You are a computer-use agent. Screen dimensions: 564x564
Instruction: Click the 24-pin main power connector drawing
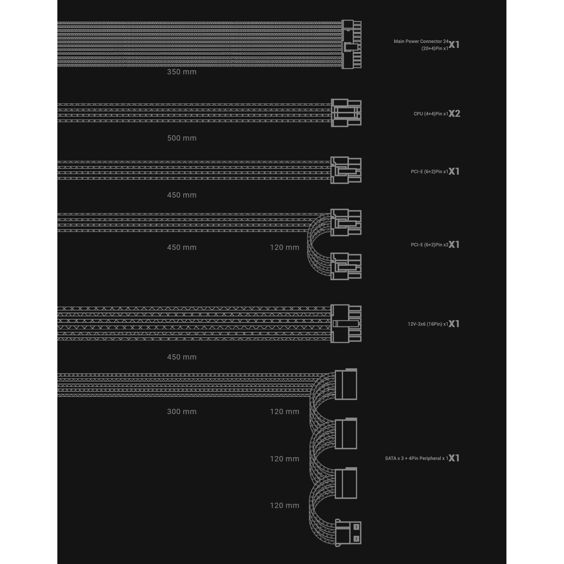tap(351, 44)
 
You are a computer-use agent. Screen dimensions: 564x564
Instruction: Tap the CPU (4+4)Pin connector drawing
tap(346, 113)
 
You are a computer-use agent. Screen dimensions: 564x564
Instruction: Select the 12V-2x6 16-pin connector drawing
tap(346, 324)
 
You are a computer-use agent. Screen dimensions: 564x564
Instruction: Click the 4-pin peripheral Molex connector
tap(348, 533)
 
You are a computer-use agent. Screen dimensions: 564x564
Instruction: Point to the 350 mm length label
tap(181, 72)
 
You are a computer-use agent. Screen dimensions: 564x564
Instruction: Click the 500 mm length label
tap(181, 138)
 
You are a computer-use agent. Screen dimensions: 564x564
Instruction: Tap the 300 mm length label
tap(181, 412)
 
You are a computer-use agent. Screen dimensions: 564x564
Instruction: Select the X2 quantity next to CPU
tap(454, 113)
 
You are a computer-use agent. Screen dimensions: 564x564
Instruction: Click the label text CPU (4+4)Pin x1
tap(431, 114)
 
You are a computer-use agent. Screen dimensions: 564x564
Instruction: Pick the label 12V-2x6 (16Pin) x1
tap(428, 324)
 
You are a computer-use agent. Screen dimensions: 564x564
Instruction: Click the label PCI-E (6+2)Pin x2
tap(429, 245)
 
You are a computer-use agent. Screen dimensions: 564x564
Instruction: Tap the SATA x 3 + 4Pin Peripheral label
tap(417, 458)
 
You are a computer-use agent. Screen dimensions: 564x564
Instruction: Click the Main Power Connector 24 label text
tap(421, 42)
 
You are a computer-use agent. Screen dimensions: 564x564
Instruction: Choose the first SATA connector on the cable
tap(346, 384)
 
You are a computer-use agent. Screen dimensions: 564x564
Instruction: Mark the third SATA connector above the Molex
tap(346, 483)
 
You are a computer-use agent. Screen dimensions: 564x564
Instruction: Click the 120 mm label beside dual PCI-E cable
tap(284, 248)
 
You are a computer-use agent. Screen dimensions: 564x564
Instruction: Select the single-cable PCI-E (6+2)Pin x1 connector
tap(346, 170)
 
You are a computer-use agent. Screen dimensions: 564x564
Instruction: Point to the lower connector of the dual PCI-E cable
tap(346, 266)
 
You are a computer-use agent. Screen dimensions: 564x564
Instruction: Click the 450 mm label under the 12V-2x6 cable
tap(181, 357)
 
